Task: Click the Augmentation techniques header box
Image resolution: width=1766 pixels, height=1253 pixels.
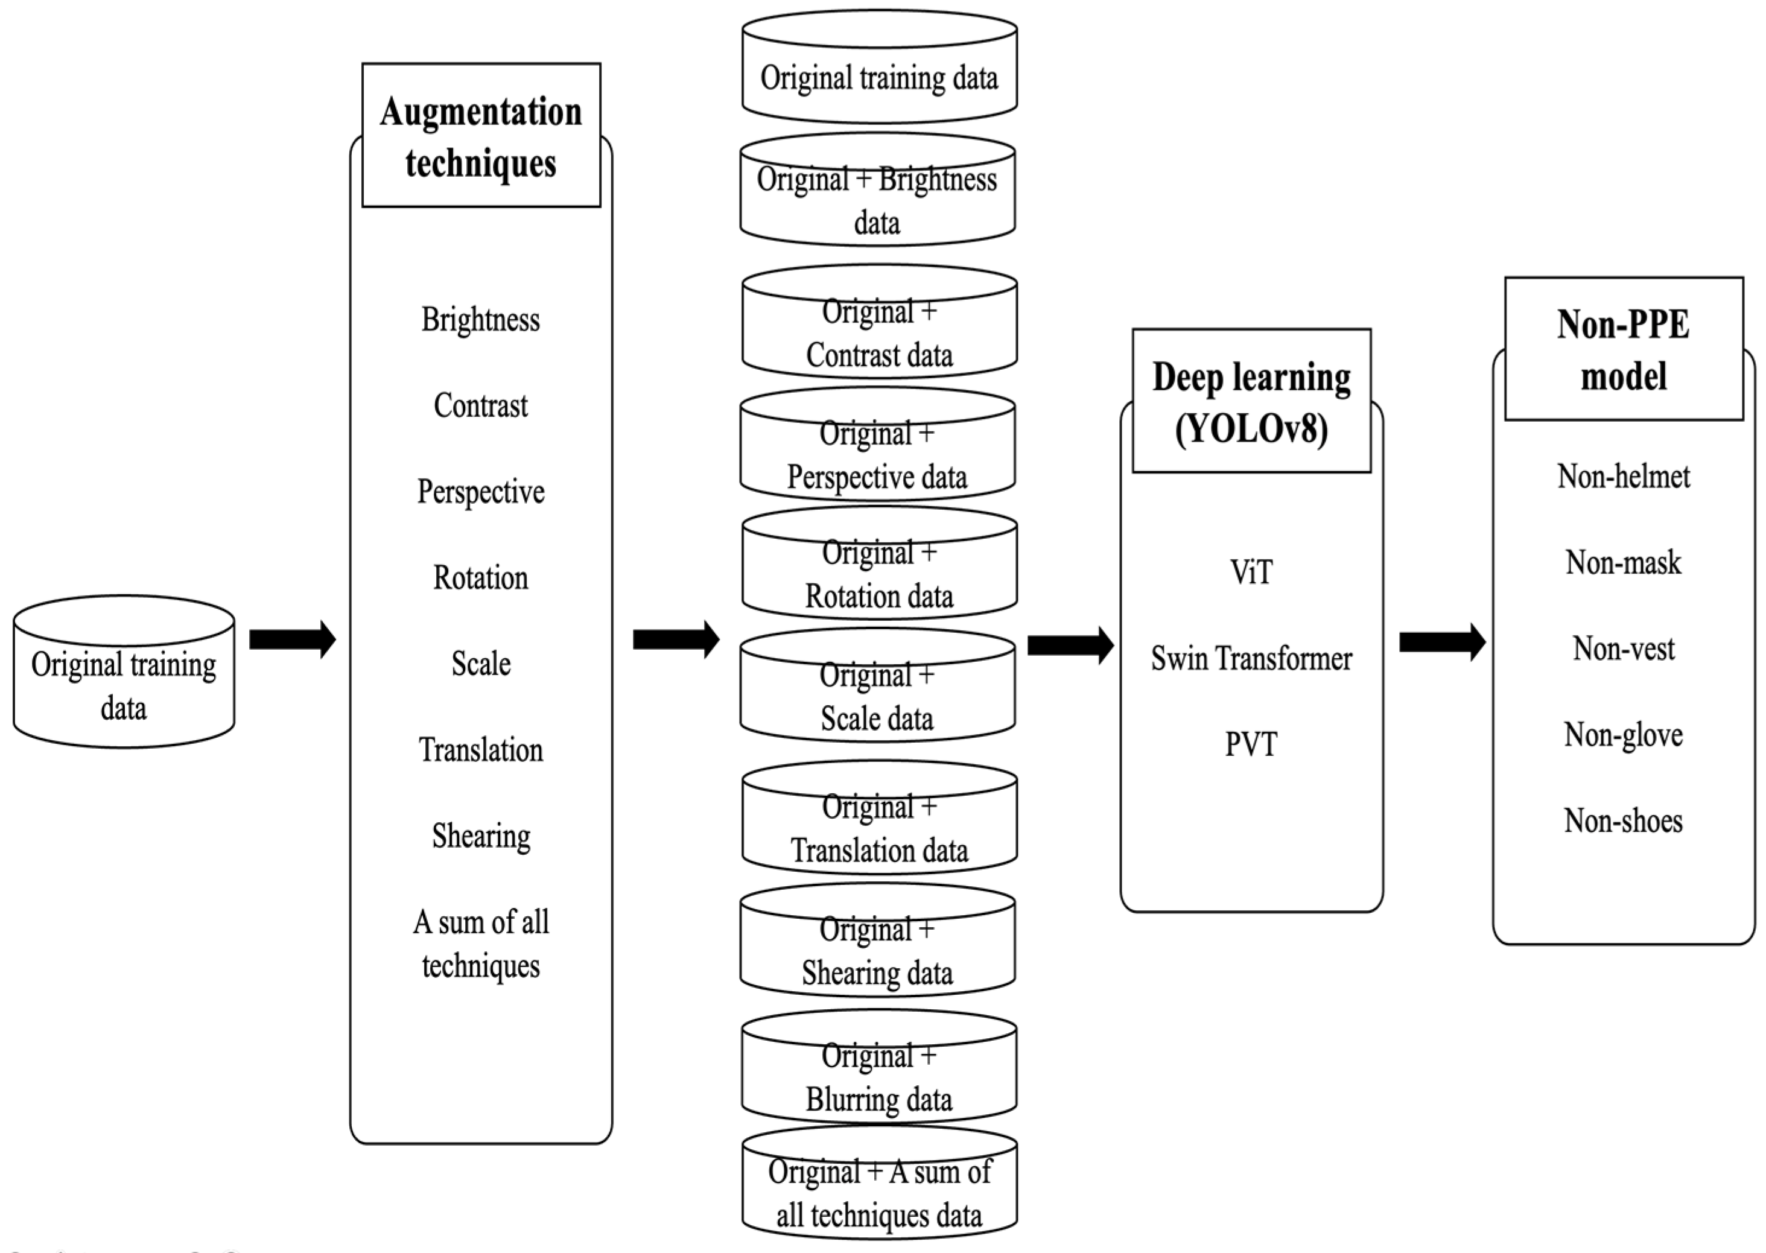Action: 481,136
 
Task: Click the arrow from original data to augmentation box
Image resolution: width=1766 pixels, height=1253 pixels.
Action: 291,639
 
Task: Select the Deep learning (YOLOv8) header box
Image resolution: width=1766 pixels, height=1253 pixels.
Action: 1251,401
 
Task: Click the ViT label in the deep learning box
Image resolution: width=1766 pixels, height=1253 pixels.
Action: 1251,573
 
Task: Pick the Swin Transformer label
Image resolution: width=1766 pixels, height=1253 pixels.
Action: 1251,658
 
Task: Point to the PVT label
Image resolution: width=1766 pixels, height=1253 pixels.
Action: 1251,744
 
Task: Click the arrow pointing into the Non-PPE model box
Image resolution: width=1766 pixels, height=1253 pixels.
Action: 1441,641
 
